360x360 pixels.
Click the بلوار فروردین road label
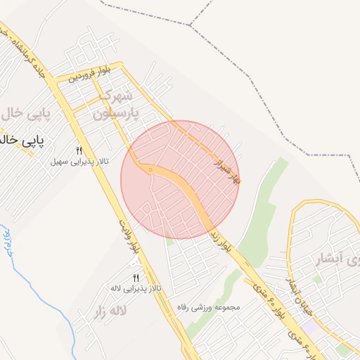pyautogui.click(x=90, y=72)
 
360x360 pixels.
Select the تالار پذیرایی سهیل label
pyautogui.click(x=79, y=162)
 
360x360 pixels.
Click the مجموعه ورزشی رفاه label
pyautogui.click(x=210, y=307)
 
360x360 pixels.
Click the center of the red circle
pyautogui.click(x=180, y=180)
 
